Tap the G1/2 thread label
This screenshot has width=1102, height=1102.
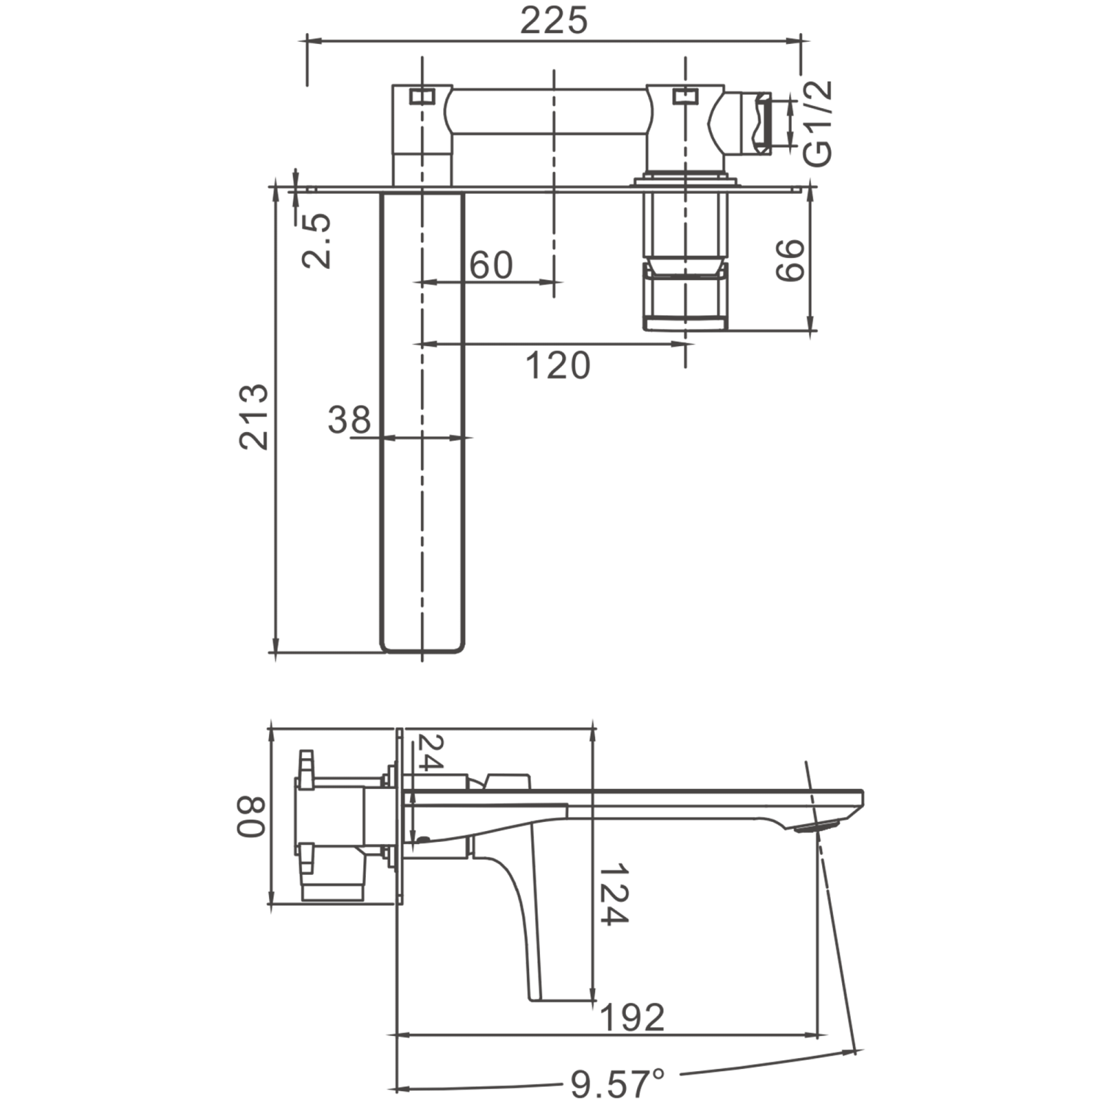(817, 123)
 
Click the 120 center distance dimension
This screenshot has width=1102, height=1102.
(558, 365)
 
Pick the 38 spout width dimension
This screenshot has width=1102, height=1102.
(349, 420)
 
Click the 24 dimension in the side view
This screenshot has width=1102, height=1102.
(431, 752)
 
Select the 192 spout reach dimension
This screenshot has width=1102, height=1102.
(633, 1017)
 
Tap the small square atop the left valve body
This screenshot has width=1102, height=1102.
(422, 96)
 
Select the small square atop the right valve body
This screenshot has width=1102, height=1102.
(684, 96)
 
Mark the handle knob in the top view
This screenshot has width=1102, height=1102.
(685, 294)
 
